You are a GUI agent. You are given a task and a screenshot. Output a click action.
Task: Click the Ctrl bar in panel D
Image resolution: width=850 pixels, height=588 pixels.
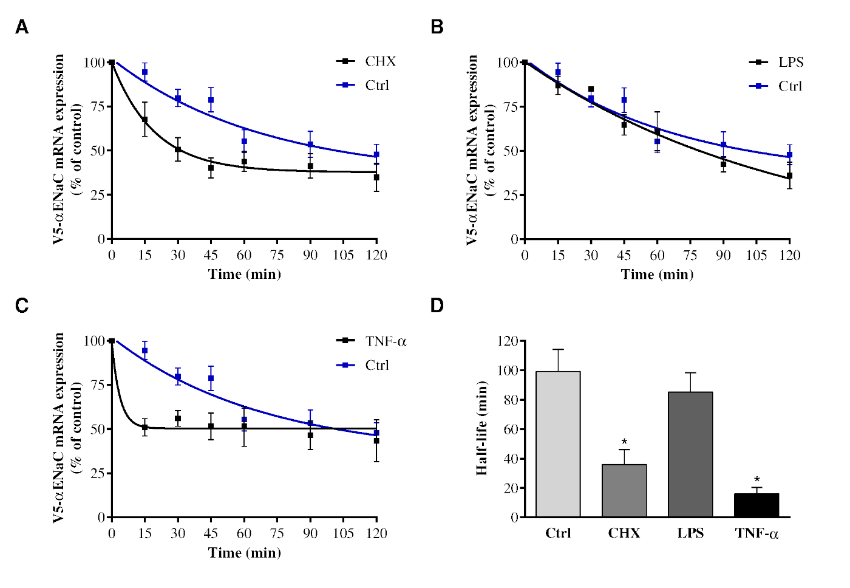coord(558,444)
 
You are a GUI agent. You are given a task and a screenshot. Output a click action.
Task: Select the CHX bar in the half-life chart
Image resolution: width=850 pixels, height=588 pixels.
coord(624,491)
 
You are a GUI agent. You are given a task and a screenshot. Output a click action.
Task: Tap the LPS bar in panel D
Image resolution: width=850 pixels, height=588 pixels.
coord(690,454)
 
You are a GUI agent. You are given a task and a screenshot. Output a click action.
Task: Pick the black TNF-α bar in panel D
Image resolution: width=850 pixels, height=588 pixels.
coord(756,505)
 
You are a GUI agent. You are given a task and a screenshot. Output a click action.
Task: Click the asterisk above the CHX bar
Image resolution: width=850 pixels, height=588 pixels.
coord(624,442)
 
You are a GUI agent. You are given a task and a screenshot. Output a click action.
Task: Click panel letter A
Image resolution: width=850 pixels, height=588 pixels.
coord(22,27)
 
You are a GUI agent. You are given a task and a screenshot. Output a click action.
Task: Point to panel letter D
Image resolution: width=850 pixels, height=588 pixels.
coord(437,306)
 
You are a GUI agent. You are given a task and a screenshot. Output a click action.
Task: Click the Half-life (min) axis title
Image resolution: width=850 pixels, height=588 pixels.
coord(481,428)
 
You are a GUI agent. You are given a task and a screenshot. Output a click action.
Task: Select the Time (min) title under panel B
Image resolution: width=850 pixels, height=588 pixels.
coord(657,275)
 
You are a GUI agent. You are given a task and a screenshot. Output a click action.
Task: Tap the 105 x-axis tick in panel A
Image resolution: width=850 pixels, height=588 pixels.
coord(343,255)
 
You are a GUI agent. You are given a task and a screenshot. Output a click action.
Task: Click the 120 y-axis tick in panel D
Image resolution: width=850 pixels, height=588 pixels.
coord(506,341)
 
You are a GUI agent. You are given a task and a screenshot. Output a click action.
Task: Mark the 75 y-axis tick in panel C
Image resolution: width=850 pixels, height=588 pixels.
coord(97,385)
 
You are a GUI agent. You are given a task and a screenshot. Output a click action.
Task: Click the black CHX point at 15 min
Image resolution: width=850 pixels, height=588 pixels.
coord(144,120)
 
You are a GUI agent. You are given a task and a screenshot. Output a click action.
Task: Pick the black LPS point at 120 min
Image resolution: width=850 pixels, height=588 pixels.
coord(789,176)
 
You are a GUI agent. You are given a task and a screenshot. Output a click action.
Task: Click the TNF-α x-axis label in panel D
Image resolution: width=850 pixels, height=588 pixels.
coord(756,533)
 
